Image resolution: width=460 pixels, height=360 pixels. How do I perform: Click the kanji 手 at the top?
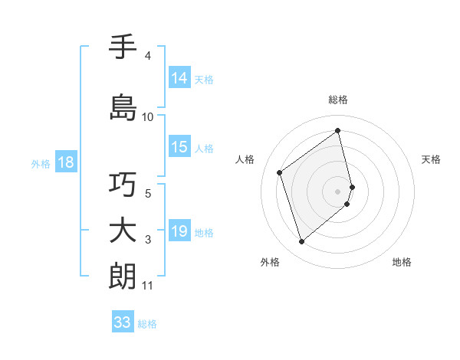coord(123,47)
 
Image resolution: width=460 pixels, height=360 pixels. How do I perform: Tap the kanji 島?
coord(123,106)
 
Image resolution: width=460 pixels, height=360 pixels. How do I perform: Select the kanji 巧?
coord(123,185)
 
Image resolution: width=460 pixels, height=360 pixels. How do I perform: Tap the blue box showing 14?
coord(179,78)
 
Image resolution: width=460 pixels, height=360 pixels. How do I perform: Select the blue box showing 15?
coord(179,148)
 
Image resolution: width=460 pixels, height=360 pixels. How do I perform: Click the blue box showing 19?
coord(179,231)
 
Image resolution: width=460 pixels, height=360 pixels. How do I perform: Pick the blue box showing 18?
coord(65,162)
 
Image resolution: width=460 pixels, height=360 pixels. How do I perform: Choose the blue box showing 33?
coord(122,322)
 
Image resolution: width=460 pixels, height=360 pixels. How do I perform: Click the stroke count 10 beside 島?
coord(148,117)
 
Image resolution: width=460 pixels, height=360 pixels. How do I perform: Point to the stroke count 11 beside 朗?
coord(148,286)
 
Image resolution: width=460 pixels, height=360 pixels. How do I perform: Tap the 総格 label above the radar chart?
coord(338,100)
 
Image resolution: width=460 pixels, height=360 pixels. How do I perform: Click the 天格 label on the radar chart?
coord(431,159)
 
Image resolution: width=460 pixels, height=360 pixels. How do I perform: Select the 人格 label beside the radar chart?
coord(245,159)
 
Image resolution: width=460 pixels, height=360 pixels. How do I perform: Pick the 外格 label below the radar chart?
coord(270,262)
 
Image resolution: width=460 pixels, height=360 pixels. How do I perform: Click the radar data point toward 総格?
coord(338,130)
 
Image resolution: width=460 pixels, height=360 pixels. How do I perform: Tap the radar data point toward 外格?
coord(301,242)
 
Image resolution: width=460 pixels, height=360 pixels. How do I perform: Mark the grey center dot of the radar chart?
coord(338,191)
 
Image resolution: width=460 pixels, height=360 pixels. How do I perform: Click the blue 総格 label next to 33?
coord(147,324)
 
